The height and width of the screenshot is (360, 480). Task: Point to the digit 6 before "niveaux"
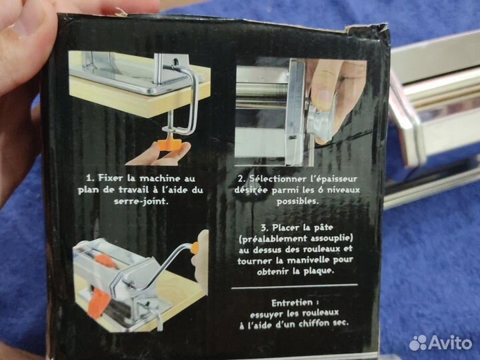click(320, 190)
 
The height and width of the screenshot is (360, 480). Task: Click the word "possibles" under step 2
click(297, 201)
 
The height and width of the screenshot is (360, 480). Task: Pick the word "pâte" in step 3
click(323, 228)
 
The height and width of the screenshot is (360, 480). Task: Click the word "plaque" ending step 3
click(318, 271)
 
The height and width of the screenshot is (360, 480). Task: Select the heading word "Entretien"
click(292, 303)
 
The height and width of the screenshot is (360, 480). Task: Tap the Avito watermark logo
click(441, 342)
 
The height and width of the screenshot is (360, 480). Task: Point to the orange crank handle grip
click(195, 247)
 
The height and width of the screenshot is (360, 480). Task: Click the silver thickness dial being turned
click(319, 121)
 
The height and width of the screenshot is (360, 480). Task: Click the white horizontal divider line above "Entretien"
click(295, 286)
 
